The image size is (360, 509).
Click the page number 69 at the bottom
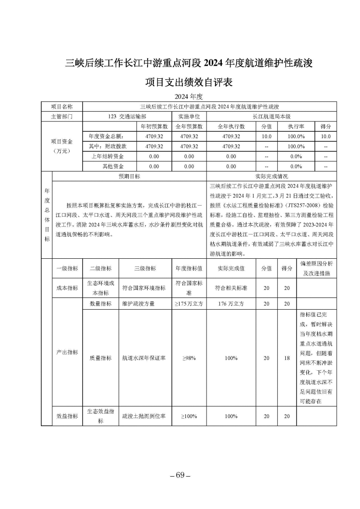coord(180,476)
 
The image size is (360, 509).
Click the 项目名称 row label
coord(62,107)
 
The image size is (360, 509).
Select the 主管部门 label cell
coord(62,116)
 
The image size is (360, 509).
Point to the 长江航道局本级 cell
coord(271,116)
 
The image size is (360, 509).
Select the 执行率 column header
coord(296,126)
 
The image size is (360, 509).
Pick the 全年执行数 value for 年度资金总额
coord(231,136)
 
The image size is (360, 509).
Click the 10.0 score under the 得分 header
coord(325,136)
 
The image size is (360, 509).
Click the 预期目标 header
coord(129,176)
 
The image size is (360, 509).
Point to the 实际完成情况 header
coord(271,176)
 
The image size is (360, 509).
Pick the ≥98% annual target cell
coord(189,358)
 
